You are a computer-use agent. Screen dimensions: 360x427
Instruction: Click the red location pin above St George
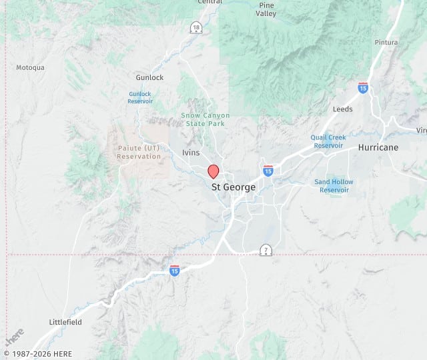213,171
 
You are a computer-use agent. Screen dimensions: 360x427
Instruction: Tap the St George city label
234,187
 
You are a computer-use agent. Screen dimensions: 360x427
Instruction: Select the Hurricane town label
378,147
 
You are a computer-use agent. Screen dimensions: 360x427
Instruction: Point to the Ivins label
191,153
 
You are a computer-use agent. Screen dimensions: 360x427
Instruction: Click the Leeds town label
343,109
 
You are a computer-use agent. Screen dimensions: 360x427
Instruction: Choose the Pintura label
386,42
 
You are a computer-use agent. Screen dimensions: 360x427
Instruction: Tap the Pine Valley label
266,9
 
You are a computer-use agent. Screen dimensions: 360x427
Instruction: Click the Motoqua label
30,67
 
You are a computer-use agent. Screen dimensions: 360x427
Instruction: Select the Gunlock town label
149,78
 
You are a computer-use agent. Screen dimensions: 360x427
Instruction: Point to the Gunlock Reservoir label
140,98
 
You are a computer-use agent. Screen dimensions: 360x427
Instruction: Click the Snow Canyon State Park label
205,119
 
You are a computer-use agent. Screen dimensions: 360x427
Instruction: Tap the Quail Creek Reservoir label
328,141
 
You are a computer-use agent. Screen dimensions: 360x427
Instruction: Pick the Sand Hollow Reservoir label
334,186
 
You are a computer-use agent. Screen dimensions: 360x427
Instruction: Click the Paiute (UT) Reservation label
139,152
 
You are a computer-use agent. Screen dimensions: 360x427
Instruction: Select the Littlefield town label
65,322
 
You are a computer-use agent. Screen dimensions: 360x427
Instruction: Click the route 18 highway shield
195,27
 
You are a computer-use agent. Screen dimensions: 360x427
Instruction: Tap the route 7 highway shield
266,250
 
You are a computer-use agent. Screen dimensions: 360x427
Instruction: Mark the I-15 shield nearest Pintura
363,88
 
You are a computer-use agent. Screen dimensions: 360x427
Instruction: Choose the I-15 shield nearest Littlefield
174,270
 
